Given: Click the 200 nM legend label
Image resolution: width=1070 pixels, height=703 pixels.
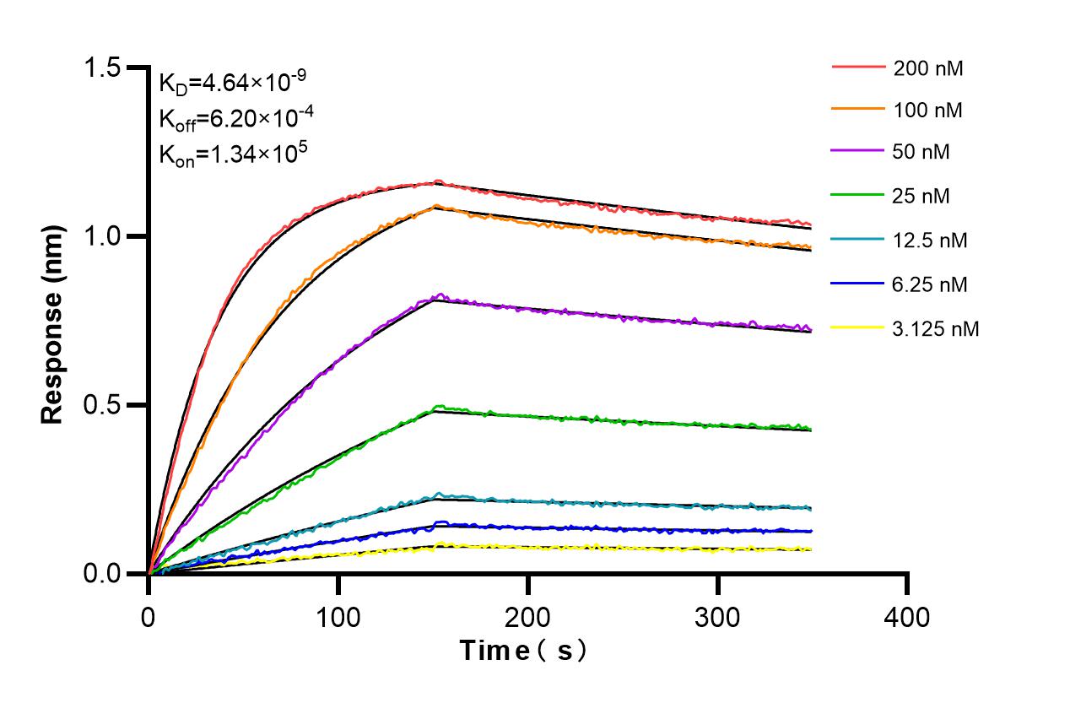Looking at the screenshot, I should [x=928, y=68].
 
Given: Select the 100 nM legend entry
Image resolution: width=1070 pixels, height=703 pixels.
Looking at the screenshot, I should [x=928, y=110].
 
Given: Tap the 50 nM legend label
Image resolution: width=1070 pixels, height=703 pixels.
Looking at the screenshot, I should [x=921, y=153].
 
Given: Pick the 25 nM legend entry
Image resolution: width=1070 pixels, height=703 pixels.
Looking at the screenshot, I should [x=921, y=197].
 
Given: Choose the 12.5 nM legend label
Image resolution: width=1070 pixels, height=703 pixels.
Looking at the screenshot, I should [x=930, y=241].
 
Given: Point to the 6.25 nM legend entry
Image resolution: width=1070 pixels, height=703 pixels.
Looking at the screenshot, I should [x=930, y=284].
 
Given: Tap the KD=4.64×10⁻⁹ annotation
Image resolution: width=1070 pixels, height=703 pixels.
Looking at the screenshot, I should [x=232, y=83].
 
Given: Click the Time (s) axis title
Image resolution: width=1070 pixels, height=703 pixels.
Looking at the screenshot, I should [x=523, y=651].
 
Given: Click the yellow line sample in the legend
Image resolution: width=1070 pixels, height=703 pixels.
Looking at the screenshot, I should [x=858, y=328].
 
